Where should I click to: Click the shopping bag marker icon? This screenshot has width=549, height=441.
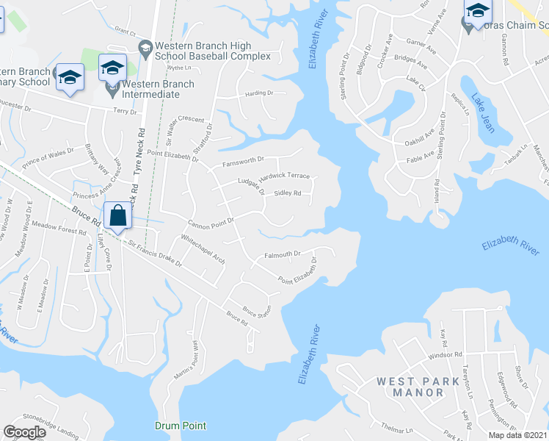point(117,216)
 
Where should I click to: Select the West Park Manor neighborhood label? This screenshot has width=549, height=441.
point(410,387)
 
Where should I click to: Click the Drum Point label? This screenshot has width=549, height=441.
point(181,426)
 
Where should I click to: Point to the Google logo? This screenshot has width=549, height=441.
point(24,432)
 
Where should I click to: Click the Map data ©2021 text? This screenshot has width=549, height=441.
point(517,435)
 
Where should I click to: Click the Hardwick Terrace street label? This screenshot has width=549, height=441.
point(288,176)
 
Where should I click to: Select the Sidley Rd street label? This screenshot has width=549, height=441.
point(288,193)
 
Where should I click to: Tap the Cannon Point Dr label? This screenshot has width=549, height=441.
point(211,220)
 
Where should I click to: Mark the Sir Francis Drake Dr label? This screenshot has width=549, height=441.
point(153,252)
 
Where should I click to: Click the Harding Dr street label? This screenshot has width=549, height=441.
point(258,93)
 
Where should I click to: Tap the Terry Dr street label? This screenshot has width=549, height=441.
point(126,111)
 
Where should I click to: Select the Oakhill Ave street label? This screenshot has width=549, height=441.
point(420,139)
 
